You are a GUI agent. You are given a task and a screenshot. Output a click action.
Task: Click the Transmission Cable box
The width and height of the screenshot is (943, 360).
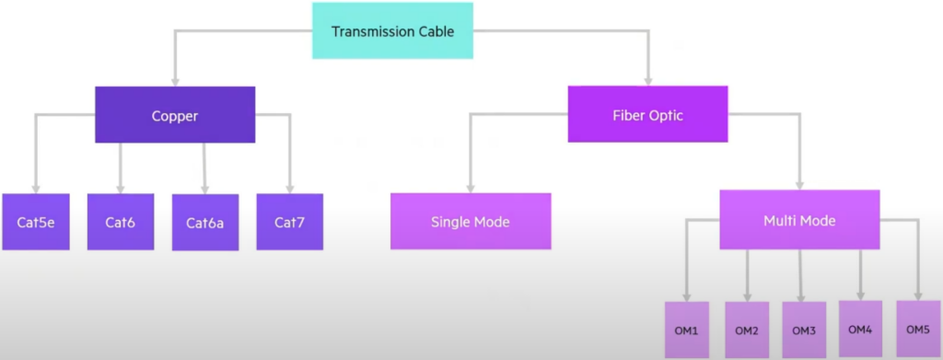point(392,30)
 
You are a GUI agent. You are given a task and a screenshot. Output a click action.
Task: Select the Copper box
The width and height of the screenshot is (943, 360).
point(175,115)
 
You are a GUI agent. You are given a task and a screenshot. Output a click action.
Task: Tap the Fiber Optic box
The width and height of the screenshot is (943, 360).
point(647,114)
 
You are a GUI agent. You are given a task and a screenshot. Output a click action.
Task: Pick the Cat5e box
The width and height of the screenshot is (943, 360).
point(36,222)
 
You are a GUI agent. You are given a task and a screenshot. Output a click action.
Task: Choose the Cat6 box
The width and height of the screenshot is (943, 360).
point(121,222)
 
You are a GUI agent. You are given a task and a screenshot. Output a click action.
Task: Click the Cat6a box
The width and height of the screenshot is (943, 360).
point(205,223)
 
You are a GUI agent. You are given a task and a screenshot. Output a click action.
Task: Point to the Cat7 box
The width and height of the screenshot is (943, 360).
point(290,222)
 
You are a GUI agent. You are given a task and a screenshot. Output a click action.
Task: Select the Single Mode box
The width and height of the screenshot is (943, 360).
point(471,221)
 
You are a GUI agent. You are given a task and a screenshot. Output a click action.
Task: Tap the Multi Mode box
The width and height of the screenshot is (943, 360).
point(800,220)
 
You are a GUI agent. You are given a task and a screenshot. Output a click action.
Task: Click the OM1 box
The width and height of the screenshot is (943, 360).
point(687,330)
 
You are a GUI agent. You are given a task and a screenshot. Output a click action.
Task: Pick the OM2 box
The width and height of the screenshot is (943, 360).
point(747,330)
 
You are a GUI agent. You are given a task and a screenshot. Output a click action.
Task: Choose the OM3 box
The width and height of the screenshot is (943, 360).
point(803,330)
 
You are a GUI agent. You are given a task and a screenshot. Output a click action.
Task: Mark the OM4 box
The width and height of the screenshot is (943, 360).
point(861,329)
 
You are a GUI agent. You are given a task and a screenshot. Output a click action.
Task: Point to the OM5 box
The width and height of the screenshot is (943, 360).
point(918,329)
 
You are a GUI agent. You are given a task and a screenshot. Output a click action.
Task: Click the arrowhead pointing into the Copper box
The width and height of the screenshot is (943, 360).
point(175,81)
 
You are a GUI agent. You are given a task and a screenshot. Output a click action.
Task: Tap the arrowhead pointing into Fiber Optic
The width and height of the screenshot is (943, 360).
point(648,80)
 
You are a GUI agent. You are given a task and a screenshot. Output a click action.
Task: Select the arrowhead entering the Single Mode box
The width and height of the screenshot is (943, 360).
point(471,188)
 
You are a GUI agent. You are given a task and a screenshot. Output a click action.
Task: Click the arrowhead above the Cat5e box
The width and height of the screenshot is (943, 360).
point(36,188)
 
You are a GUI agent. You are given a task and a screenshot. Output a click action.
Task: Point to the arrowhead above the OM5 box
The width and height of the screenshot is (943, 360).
point(918,296)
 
